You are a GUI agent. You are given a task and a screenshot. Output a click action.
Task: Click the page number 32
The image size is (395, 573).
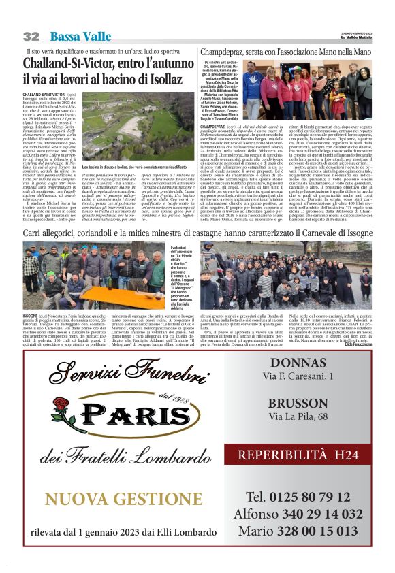31,36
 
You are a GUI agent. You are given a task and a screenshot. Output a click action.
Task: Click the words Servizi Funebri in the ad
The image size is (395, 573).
117,374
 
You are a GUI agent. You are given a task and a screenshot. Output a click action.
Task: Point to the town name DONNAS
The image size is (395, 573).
298,363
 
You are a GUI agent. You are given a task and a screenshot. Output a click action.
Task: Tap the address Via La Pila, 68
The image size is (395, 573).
298,416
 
